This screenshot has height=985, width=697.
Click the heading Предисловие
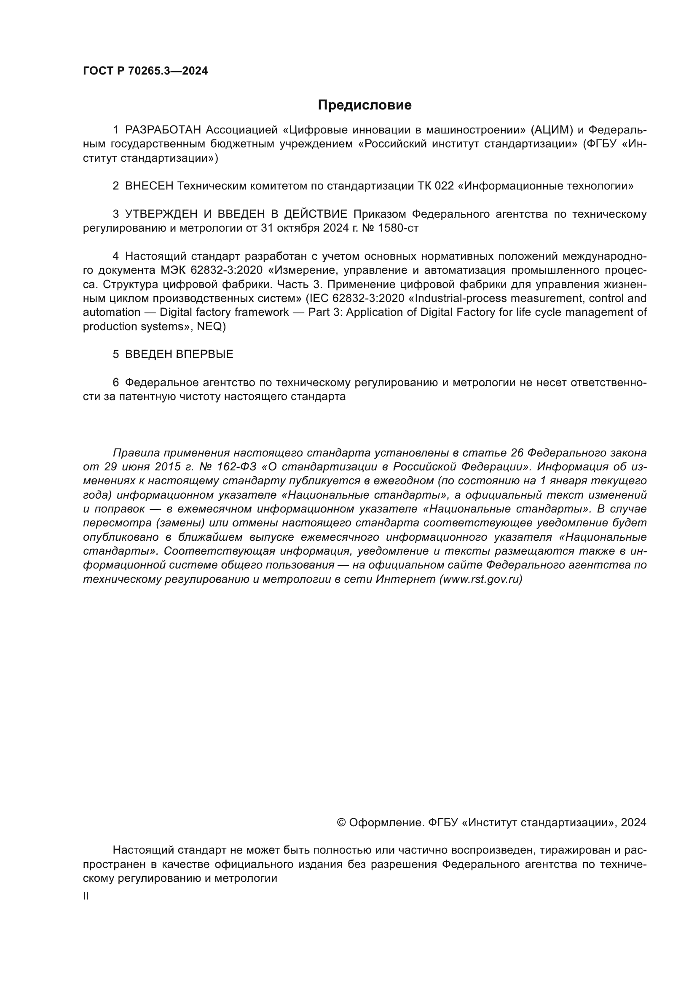(x=365, y=105)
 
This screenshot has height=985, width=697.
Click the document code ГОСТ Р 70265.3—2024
(x=145, y=71)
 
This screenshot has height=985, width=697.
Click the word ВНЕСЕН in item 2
(x=149, y=186)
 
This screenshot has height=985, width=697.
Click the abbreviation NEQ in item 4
(x=209, y=326)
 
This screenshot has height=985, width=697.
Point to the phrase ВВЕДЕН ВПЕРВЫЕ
(x=179, y=354)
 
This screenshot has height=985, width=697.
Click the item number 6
(x=116, y=382)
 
